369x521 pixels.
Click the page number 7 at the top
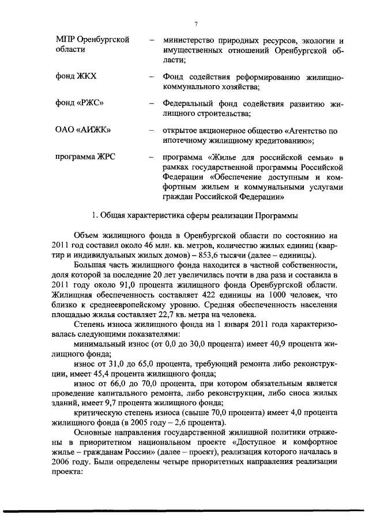(x=196, y=24)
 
